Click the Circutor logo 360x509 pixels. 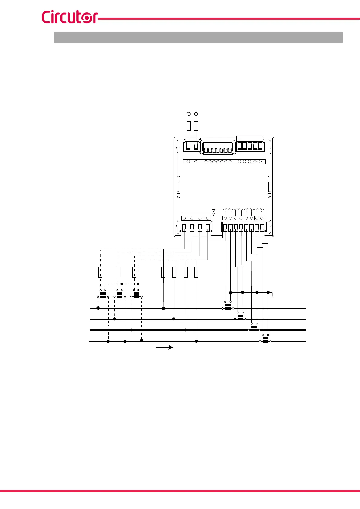(70, 17)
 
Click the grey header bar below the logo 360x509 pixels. (198, 37)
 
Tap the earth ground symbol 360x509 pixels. (272, 297)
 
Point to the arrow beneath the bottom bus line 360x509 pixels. (164, 347)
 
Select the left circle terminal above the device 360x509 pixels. (189, 114)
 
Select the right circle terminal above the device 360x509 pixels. (196, 114)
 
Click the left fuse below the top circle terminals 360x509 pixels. (189, 126)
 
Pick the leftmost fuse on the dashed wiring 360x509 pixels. (100, 272)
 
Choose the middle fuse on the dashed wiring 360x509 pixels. (118, 272)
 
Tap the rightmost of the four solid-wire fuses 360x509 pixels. (196, 272)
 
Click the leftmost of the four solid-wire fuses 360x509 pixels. (163, 272)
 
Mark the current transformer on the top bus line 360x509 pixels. (228, 307)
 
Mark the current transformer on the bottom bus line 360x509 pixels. (265, 340)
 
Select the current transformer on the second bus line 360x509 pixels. (240, 318)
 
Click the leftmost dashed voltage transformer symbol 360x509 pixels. (103, 295)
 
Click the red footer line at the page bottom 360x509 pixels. (180, 491)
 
